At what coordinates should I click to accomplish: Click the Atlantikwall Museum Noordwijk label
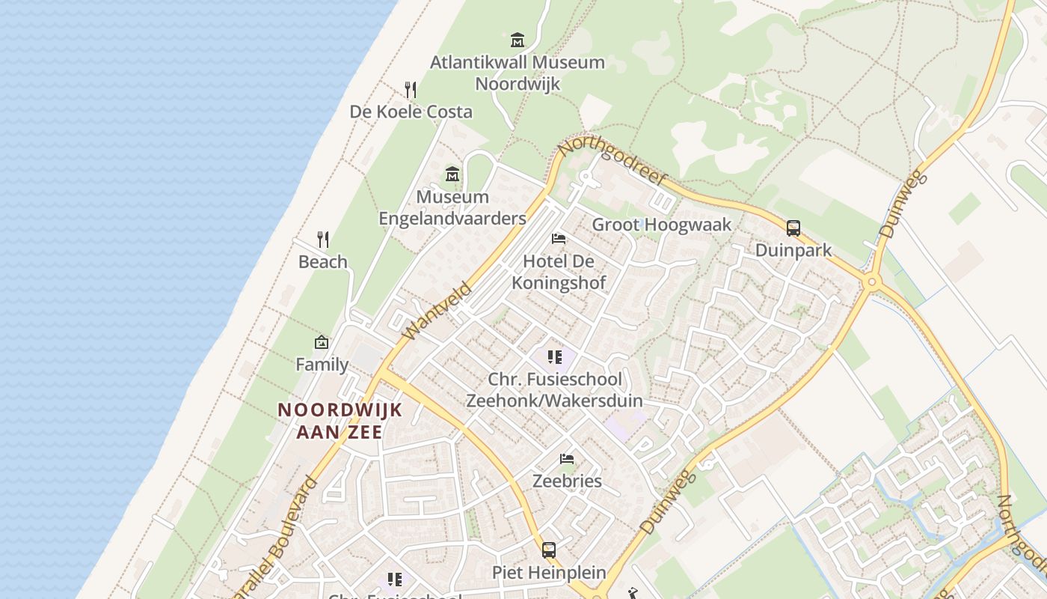click(518, 73)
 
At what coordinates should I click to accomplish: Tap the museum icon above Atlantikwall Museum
click(518, 40)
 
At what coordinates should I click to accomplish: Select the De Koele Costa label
click(411, 112)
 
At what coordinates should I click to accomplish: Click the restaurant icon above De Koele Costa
click(411, 90)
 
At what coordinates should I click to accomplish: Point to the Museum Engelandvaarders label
click(452, 207)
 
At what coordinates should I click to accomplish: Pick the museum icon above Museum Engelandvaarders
click(452, 175)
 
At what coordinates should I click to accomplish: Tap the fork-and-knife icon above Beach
click(323, 240)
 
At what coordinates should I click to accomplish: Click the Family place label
click(322, 365)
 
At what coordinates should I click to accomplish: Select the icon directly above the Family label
click(322, 342)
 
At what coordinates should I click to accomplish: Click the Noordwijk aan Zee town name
click(340, 421)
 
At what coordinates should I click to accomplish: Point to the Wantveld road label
click(437, 311)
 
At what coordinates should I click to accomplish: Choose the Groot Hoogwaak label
click(662, 225)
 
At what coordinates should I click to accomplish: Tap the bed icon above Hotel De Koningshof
click(559, 239)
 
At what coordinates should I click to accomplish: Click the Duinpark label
click(793, 250)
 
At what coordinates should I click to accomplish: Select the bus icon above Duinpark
click(793, 228)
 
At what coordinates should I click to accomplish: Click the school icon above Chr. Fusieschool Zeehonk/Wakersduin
click(554, 357)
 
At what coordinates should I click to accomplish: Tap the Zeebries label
click(567, 481)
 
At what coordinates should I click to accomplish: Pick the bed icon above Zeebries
click(567, 458)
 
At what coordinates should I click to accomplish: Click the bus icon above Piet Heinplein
click(549, 550)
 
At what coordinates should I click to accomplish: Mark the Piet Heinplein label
click(549, 573)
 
